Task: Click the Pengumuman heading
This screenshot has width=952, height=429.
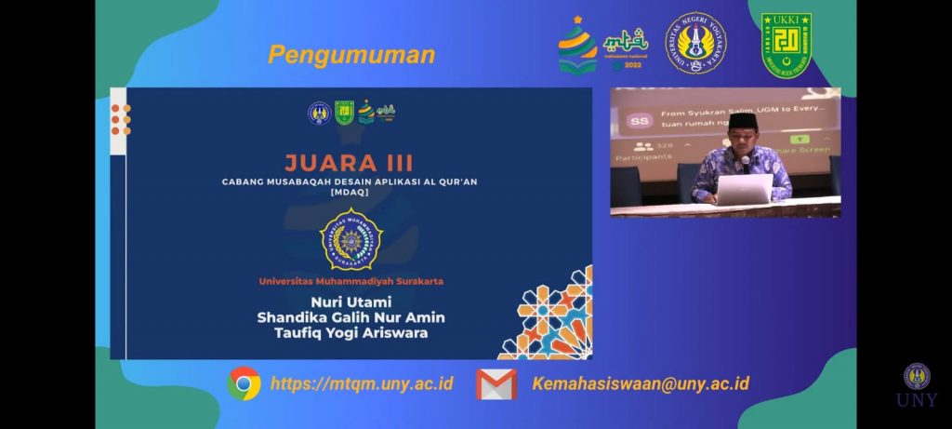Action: [x=351, y=55]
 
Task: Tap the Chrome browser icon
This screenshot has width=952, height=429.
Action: [x=244, y=382]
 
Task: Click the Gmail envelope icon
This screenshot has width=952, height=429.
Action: [x=496, y=383]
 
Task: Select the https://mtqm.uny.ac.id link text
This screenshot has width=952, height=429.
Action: [x=362, y=383]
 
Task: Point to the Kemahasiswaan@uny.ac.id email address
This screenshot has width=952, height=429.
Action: [x=641, y=383]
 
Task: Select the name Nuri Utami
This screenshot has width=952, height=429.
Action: [x=350, y=302]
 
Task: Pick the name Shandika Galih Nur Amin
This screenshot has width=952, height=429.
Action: [x=350, y=317]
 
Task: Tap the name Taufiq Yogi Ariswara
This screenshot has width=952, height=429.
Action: [x=350, y=333]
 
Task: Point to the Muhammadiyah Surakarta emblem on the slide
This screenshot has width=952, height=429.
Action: [x=350, y=239]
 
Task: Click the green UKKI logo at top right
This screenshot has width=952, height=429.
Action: [x=787, y=45]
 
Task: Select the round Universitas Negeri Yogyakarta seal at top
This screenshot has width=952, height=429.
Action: [x=695, y=43]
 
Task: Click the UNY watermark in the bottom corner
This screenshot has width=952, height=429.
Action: [x=917, y=385]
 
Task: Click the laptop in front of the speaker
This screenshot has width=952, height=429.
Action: [x=743, y=188]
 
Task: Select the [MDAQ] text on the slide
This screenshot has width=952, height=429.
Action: [x=350, y=193]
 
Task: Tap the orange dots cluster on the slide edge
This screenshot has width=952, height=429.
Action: [x=121, y=120]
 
